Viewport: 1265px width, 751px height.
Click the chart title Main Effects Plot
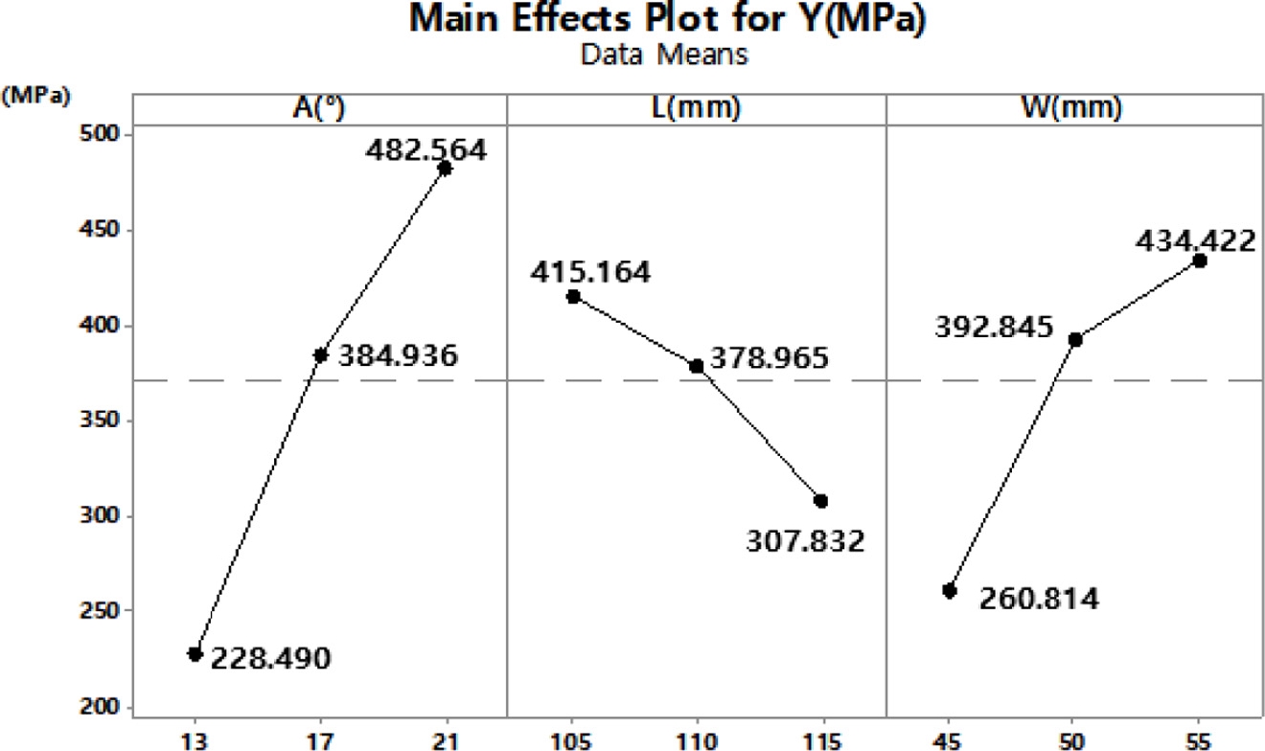pyautogui.click(x=667, y=20)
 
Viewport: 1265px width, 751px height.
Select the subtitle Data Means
pyautogui.click(x=664, y=57)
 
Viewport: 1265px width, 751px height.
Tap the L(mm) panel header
pyautogui.click(x=697, y=110)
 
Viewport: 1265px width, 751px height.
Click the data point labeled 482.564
pyautogui.click(x=445, y=169)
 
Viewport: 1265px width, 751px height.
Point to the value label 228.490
pyautogui.click(x=271, y=659)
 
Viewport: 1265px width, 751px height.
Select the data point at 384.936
pyautogui.click(x=321, y=355)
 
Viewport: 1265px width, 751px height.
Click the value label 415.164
pyautogui.click(x=590, y=272)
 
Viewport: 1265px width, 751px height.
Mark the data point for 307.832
pyautogui.click(x=821, y=501)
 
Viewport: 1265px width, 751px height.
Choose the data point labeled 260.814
pyautogui.click(x=950, y=591)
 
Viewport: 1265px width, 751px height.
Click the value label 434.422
pyautogui.click(x=1194, y=240)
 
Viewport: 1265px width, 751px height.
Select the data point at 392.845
pyautogui.click(x=1075, y=340)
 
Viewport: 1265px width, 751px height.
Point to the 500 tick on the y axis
pyautogui.click(x=93, y=135)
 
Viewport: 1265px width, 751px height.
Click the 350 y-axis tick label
pyautogui.click(x=93, y=421)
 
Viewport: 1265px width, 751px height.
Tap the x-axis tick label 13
pyautogui.click(x=195, y=739)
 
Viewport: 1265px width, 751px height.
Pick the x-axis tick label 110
pyautogui.click(x=697, y=739)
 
